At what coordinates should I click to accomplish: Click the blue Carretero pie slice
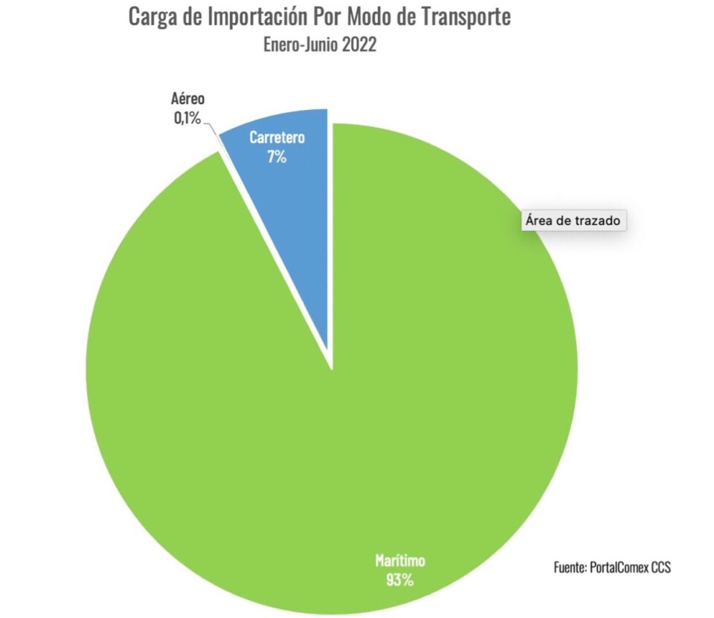coord(297,223)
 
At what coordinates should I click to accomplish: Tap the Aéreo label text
coord(187,100)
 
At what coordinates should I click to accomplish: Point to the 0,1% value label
coord(187,117)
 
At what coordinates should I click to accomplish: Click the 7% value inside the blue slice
coord(277,157)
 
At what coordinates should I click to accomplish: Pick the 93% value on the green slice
coord(399,580)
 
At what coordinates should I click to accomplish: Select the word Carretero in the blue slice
coord(277,138)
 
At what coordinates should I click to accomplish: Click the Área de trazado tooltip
coord(573,221)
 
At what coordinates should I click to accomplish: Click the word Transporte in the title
coord(466,17)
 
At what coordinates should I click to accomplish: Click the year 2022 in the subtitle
coord(358,45)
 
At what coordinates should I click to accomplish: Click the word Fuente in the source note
coord(570,567)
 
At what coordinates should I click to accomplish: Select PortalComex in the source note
coord(619,567)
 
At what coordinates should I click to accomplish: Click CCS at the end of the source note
coord(661,567)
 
